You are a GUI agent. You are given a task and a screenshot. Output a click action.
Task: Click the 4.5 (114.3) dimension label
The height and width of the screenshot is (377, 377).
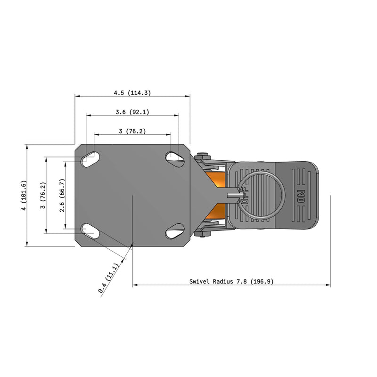(x=132, y=93)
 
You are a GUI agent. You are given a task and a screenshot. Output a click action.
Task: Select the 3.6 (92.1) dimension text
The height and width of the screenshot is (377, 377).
(x=132, y=112)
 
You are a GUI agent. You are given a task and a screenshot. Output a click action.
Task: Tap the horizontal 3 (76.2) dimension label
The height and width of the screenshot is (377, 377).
(x=132, y=131)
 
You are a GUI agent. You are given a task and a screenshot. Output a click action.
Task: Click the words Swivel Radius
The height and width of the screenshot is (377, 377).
(x=210, y=281)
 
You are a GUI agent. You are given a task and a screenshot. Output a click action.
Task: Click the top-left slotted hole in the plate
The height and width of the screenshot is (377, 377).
(x=90, y=159)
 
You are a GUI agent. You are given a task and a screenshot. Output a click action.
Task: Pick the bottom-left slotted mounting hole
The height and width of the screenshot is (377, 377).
(x=90, y=231)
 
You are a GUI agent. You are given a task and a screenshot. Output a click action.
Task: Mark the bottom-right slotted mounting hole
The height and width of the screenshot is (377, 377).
(x=175, y=231)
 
